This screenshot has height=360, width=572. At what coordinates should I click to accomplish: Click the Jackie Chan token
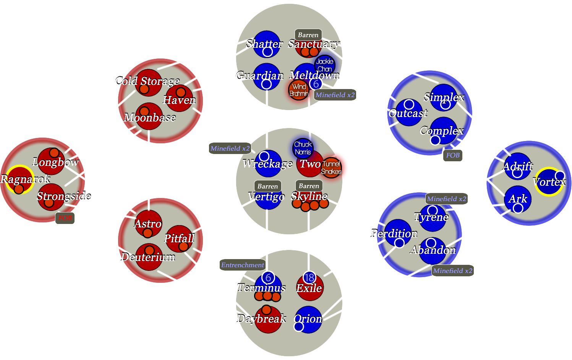coord(324,65)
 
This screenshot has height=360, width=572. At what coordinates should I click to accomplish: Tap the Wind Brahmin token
coord(299,90)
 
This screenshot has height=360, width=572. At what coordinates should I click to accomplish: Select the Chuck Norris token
coord(303,148)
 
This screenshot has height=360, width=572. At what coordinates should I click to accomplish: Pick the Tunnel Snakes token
coord(331,167)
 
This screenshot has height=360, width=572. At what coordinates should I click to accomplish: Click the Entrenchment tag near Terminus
coord(242,265)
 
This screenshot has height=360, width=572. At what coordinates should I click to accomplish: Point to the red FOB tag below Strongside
coord(65,218)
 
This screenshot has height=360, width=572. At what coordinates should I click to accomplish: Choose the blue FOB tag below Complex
coord(453,155)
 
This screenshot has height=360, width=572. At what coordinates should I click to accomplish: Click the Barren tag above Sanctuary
coord(308,35)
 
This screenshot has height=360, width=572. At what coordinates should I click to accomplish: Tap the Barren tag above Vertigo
coord(267,186)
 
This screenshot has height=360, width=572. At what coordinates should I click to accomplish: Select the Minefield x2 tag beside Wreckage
coord(230,148)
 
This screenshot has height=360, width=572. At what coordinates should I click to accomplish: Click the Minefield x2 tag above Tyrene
coord(447,199)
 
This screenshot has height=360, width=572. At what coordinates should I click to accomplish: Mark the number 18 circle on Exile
coord(309,278)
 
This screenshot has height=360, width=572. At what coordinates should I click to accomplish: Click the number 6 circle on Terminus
coord(268,278)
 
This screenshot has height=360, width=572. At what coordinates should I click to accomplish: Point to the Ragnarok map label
coord(25,179)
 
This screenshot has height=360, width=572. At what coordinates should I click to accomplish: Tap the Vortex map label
coord(549,182)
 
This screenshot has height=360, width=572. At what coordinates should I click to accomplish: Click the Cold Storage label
coord(147,81)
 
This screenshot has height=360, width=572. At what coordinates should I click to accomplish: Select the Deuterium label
coord(148,257)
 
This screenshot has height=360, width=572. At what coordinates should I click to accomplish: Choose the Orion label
coord(308,318)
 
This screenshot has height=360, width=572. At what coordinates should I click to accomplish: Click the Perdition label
coord(394,233)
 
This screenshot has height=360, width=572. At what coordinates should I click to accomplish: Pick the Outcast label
coord(408,113)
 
